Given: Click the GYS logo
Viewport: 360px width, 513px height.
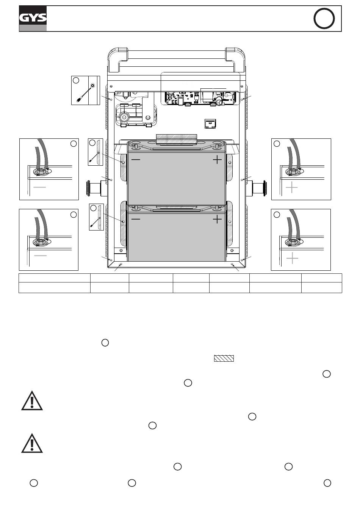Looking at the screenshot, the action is pyautogui.click(x=33, y=18).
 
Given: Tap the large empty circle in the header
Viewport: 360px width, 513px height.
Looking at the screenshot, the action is pyautogui.click(x=324, y=19).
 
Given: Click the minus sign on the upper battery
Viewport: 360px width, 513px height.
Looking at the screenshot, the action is pyautogui.click(x=135, y=160).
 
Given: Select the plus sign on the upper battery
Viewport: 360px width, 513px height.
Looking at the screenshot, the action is pyautogui.click(x=217, y=160).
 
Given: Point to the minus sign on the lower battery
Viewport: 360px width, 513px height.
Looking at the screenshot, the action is pyautogui.click(x=135, y=219).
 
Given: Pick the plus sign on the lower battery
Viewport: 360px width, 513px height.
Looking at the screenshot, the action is pyautogui.click(x=217, y=219).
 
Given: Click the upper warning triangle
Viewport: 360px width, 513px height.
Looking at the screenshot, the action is pyautogui.click(x=32, y=401).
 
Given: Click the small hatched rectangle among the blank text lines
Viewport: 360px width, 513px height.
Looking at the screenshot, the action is pyautogui.click(x=224, y=358).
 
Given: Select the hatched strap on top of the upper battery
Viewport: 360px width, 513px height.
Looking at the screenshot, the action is pyautogui.click(x=176, y=139).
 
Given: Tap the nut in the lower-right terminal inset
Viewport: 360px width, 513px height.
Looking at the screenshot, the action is pyautogui.click(x=292, y=242).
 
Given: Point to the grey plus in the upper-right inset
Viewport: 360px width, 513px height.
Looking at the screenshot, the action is pyautogui.click(x=292, y=187).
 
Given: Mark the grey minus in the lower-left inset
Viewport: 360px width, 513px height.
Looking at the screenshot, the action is pyautogui.click(x=40, y=256).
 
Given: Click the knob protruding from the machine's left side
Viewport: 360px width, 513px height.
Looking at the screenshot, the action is pyautogui.click(x=94, y=188).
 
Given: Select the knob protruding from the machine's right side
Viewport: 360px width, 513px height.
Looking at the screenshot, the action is pyautogui.click(x=258, y=188).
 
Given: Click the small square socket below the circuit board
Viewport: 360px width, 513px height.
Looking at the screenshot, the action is pyautogui.click(x=210, y=123).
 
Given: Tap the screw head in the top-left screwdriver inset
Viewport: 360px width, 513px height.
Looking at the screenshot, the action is pyautogui.click(x=92, y=87).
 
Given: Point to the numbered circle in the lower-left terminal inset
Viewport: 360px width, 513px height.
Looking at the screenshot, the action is pyautogui.click(x=74, y=215).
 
